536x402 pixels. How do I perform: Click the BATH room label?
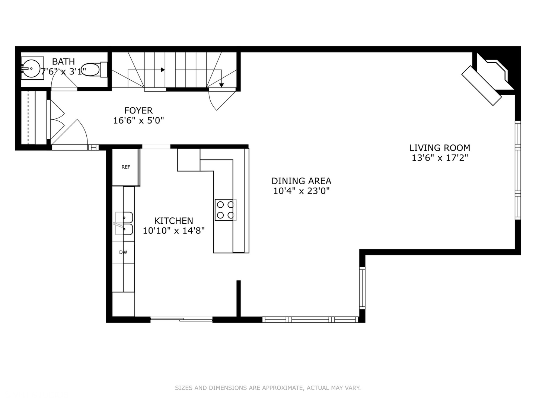63,61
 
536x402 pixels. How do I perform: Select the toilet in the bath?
93,70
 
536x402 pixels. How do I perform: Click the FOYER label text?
138,111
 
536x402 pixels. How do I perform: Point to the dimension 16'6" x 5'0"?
138,121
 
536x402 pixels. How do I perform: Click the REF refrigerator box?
126,167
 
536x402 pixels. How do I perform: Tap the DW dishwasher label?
123,252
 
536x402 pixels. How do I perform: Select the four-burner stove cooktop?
225,210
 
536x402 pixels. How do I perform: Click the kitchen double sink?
124,224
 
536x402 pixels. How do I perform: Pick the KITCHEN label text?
174,221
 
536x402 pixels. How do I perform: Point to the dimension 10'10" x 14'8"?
174,231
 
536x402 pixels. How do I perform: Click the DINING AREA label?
301,181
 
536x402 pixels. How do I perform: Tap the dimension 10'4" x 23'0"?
301,191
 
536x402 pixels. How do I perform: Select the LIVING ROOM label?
440,148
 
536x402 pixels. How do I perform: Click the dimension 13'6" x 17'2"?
440,158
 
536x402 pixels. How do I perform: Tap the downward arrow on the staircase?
221,85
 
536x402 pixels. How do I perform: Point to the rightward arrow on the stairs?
163,70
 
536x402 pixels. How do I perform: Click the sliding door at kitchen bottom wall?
182,319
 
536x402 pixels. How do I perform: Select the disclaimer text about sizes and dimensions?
268,388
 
